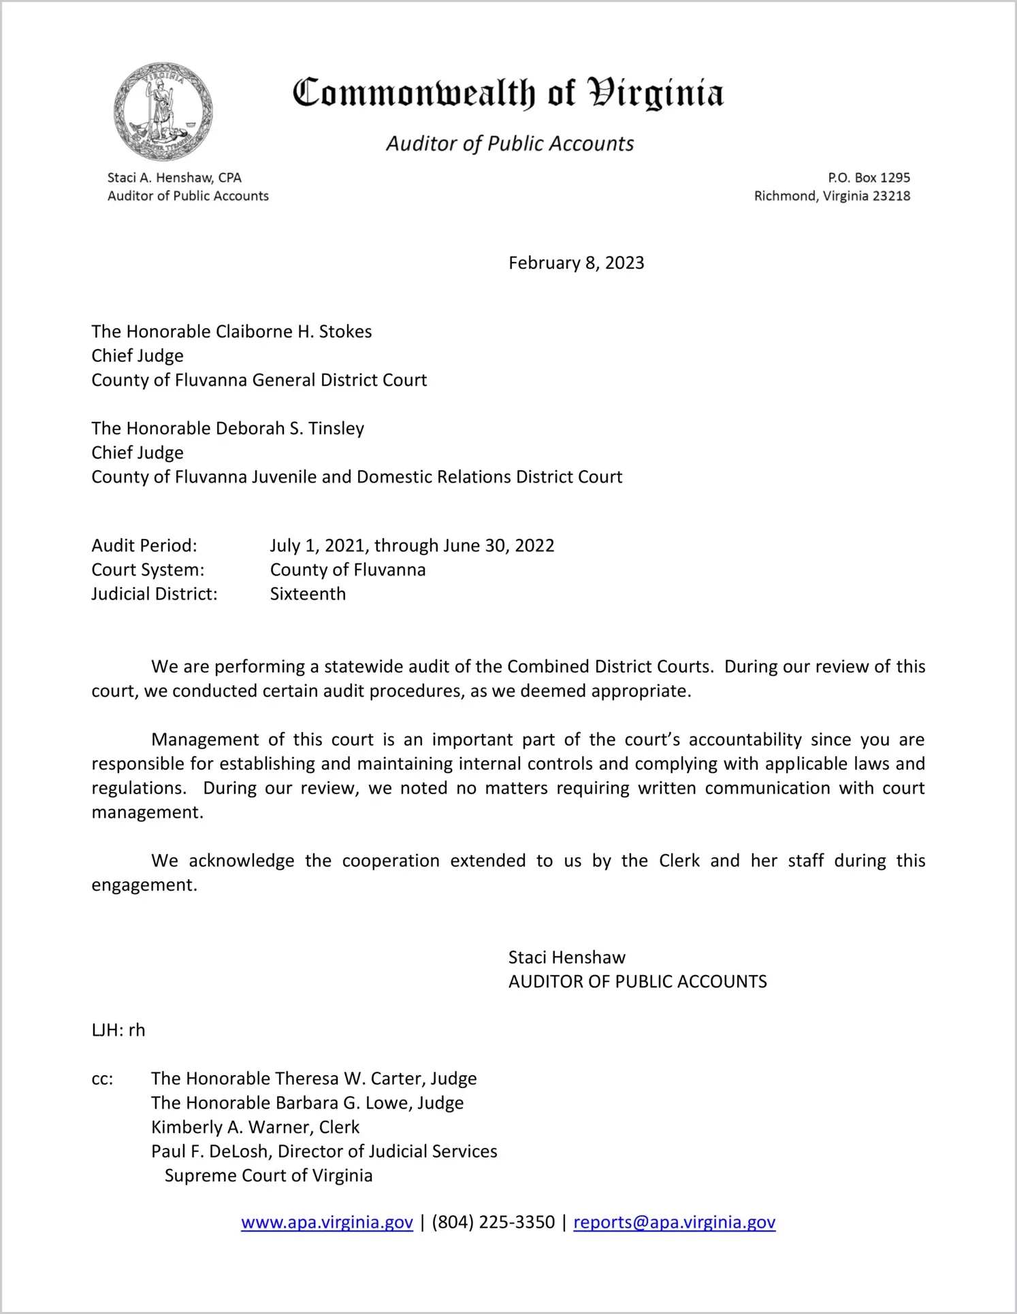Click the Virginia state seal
coord(163,112)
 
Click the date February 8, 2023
coord(576,263)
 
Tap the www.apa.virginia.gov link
coord(327,1222)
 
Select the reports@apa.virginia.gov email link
coord(674,1222)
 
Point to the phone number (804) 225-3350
coord(493,1222)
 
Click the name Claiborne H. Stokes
coord(293,332)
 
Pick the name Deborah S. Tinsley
coord(289,429)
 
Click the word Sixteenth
coord(308,594)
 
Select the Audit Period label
coord(144,546)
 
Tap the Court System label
coord(148,570)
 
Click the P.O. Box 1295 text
coord(869,178)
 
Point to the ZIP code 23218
coord(891,197)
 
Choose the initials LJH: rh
coord(118,1030)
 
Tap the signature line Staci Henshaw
coord(566,958)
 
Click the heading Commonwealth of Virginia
coord(508,94)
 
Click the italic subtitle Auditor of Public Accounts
coord(510,144)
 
